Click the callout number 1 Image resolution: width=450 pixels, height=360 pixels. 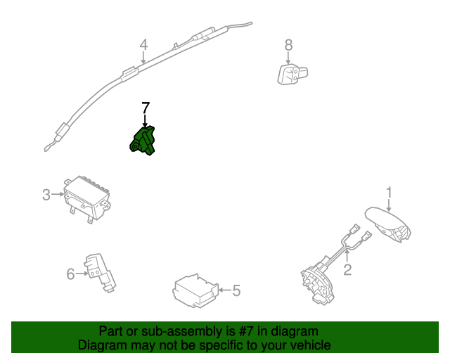(x=388, y=192)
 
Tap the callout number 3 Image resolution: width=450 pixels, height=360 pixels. (x=46, y=195)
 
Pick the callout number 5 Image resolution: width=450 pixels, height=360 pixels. (x=236, y=289)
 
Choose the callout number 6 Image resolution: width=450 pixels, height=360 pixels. (x=70, y=274)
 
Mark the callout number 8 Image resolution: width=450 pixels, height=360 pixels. (x=288, y=45)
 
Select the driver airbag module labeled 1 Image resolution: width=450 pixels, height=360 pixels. (x=389, y=223)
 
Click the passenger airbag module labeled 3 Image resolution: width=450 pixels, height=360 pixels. (x=86, y=198)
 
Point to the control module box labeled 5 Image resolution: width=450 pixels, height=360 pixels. (x=195, y=290)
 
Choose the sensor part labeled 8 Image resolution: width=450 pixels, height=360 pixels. (x=290, y=72)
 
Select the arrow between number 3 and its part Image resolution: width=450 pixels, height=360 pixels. (x=57, y=195)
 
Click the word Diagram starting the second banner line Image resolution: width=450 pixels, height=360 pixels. (x=101, y=345)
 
